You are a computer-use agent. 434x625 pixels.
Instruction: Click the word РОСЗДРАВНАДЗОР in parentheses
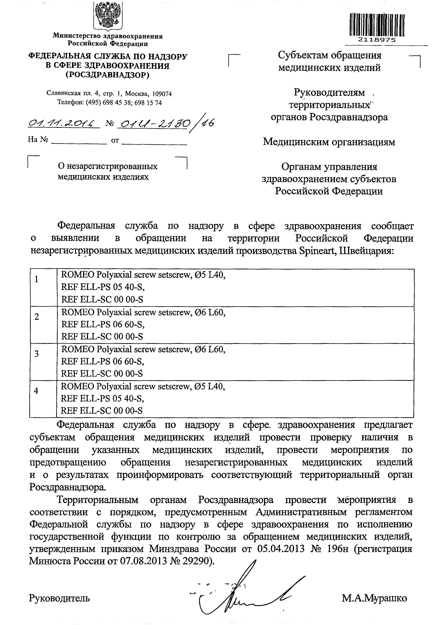pyautogui.click(x=108, y=75)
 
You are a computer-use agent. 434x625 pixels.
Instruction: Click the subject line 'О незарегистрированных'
pyautogui.click(x=108, y=166)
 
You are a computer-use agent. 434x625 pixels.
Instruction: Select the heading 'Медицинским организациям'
pyautogui.click(x=329, y=142)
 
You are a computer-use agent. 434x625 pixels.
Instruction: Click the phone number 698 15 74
pyautogui.click(x=148, y=103)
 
